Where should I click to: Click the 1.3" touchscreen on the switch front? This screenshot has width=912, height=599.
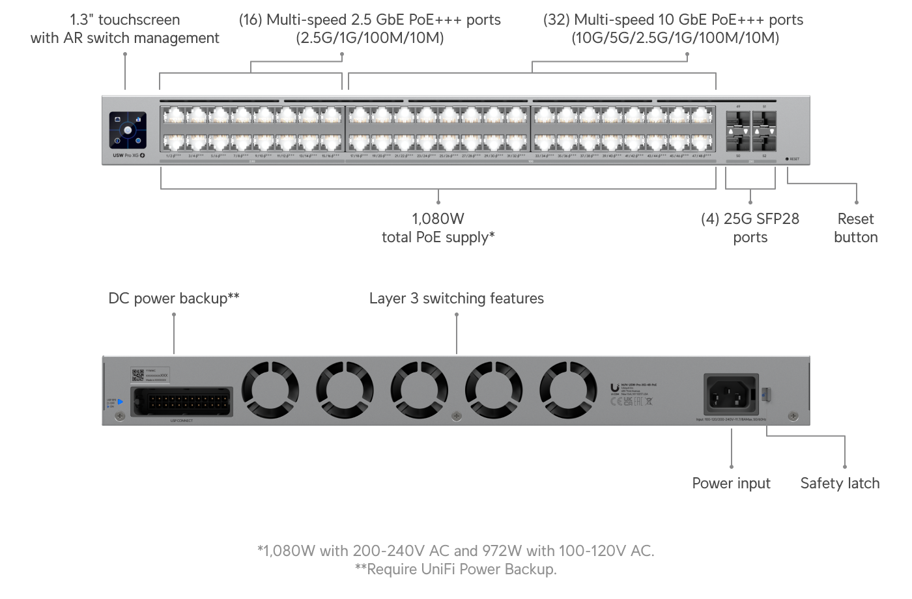pos(128,130)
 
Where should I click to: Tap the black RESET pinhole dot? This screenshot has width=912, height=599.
pos(787,159)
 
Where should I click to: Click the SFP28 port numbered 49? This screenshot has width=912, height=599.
pos(738,122)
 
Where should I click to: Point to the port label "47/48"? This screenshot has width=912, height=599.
pos(702,156)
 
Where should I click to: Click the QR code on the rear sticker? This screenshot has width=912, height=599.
pos(137,374)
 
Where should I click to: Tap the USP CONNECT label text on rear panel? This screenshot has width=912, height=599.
pos(181,421)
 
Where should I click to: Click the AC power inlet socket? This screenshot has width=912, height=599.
pos(731,394)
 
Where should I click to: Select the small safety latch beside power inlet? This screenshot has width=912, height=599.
pos(767,394)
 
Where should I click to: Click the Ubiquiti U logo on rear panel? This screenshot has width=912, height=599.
pos(614,387)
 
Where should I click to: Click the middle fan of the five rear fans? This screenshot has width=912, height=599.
pos(419,391)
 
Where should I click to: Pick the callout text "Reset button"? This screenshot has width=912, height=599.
pos(855,228)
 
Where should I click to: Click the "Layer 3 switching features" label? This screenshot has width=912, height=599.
pos(456,298)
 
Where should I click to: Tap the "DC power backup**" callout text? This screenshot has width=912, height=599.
pos(174,298)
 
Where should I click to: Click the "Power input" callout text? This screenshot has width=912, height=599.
pos(731,483)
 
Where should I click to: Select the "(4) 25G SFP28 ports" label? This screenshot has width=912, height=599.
pos(750,228)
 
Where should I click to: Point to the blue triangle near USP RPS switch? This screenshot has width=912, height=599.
pos(121,402)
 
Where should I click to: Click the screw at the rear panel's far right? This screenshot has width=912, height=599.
pos(793,416)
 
